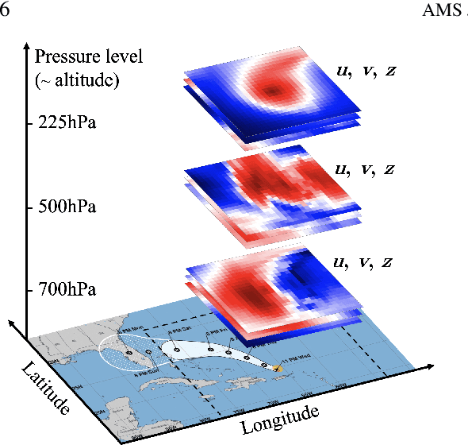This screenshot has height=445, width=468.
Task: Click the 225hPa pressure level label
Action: click(x=67, y=124)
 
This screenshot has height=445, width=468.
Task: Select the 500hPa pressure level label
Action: click(x=67, y=207)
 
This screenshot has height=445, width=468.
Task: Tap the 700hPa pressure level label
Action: click(x=67, y=290)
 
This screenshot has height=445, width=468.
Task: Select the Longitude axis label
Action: click(x=280, y=418)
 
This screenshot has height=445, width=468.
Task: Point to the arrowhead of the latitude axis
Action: click(x=13, y=323)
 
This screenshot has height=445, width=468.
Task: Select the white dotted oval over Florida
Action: click(x=127, y=354)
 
